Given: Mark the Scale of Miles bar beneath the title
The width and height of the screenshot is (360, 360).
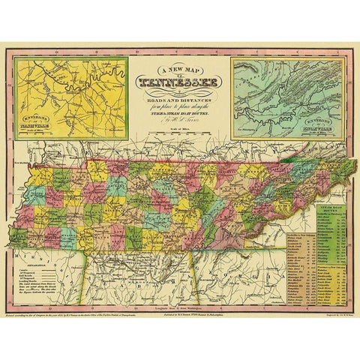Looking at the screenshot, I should pos(180,135).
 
